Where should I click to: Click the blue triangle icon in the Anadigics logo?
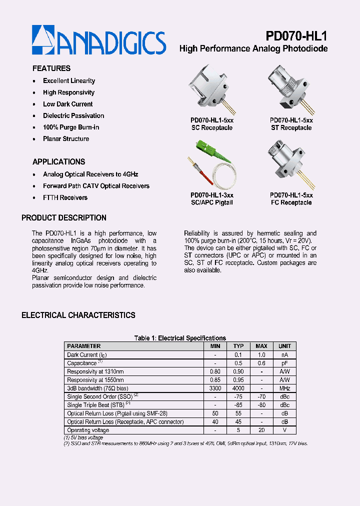coord(43,39)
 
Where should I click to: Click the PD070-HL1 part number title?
coord(296,36)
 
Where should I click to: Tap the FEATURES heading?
coord(51,68)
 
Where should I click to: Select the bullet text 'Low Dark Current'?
coord(67,104)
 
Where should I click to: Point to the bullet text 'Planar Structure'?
coord(66,139)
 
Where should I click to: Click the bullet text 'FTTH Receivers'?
coord(65,197)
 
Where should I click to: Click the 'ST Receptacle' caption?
coord(291,128)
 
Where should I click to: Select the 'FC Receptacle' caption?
coord(291,202)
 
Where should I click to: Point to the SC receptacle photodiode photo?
coord(210,90)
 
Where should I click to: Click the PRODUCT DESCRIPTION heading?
coord(64,218)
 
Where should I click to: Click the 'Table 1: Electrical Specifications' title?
coord(180,338)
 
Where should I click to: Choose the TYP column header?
coord(238,346)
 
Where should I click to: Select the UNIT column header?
coord(284,346)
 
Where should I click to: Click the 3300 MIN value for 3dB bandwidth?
coord(215,388)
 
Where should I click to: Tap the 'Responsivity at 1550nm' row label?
coord(95,380)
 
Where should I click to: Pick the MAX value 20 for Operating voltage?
coord(261,430)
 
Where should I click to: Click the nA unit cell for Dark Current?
coord(284,354)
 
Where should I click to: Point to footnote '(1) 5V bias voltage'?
coord(83,437)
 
